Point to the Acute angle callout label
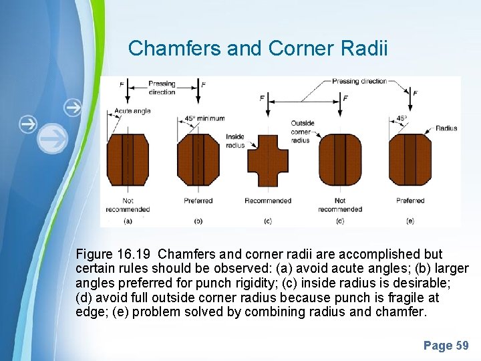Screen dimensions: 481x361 click(132, 111)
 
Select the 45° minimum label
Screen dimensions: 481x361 click(204, 119)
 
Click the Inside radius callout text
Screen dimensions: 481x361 click(235, 140)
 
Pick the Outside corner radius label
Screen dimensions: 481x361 click(302, 132)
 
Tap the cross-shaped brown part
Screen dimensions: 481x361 click(267, 160)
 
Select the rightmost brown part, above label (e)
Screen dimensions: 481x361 click(410, 160)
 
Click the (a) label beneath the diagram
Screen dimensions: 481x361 click(128, 220)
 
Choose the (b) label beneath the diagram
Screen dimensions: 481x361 click(198, 220)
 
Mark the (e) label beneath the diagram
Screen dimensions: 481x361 click(410, 220)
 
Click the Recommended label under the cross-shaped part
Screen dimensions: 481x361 click(268, 201)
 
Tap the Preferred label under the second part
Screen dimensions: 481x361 click(198, 201)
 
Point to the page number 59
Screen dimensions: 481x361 click(462, 346)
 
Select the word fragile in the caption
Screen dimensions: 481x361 click(397, 297)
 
